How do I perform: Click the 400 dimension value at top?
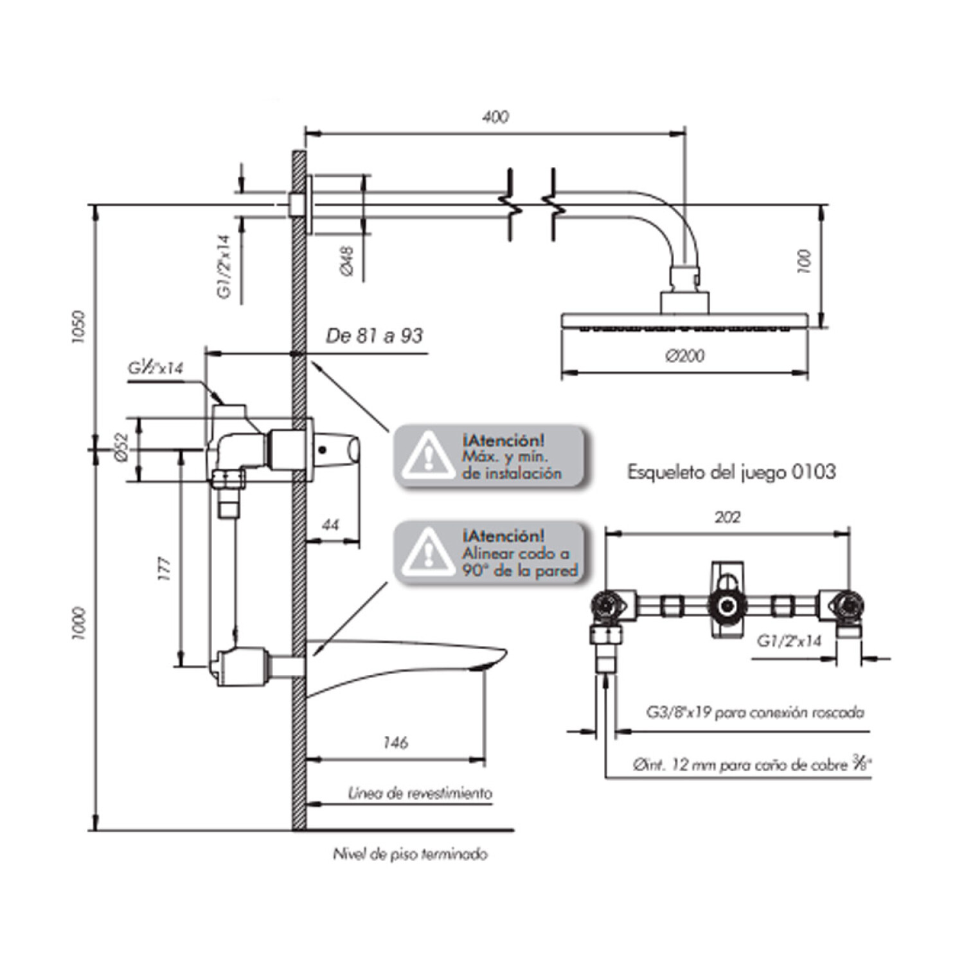point(495,117)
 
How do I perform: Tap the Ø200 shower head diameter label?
point(685,355)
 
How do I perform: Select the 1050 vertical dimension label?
point(78,327)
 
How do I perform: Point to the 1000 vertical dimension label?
point(78,623)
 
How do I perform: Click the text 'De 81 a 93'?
point(375,335)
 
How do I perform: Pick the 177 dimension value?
point(165,569)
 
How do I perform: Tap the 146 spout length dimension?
point(395,742)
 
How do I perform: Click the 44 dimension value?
point(330,525)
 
